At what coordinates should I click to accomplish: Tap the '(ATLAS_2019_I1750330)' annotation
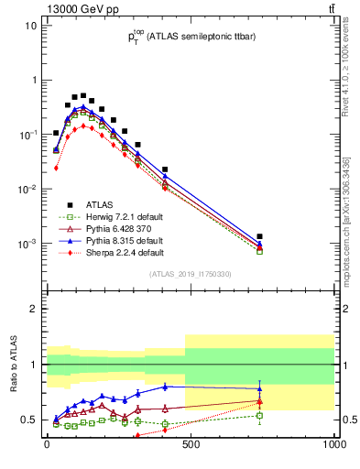189,274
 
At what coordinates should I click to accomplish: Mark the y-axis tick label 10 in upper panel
31,26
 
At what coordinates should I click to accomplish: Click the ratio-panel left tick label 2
35,309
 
